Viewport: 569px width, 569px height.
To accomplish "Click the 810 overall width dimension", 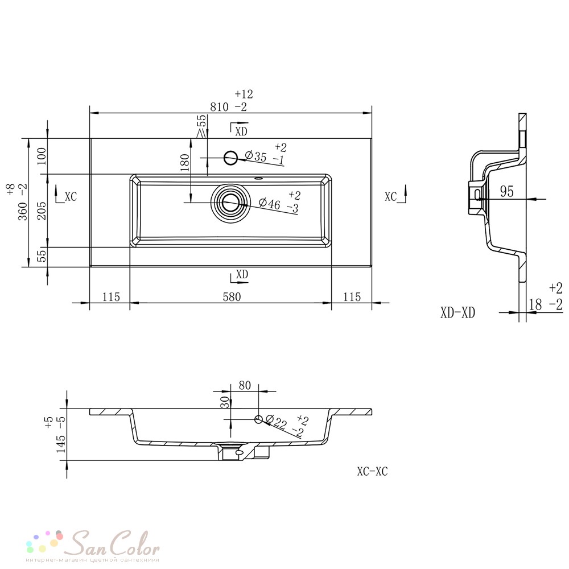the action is (220, 107).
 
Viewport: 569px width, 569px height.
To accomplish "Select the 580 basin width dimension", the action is (232, 297).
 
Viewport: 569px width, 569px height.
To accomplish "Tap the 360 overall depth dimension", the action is (23, 211).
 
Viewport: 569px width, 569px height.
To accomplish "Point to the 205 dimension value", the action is (42, 211).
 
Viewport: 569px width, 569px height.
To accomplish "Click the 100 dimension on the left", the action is (42, 156).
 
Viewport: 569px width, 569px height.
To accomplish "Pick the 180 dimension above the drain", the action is (185, 163).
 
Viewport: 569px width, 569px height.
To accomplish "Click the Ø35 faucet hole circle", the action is (231, 158).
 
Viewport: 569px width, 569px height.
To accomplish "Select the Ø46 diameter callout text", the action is (270, 203).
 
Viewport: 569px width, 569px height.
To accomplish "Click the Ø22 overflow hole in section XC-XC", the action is (258, 419).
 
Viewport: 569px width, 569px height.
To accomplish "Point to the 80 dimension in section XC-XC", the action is (245, 385).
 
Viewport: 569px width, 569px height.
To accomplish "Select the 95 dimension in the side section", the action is (506, 191).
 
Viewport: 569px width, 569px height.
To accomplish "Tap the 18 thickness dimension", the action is (535, 304).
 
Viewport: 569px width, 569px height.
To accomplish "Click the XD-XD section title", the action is (457, 312).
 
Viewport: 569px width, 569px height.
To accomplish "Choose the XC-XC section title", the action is (372, 471).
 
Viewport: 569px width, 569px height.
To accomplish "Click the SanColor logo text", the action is (114, 542).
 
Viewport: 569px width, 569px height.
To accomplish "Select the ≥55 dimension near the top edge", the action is (202, 126).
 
